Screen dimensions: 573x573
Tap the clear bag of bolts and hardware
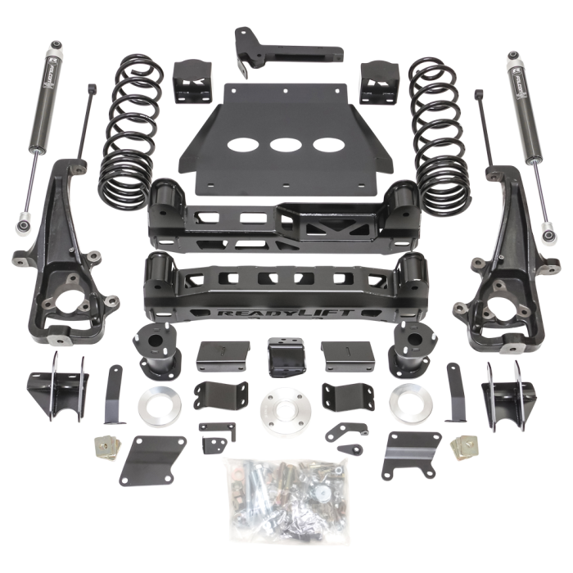(282, 490)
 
